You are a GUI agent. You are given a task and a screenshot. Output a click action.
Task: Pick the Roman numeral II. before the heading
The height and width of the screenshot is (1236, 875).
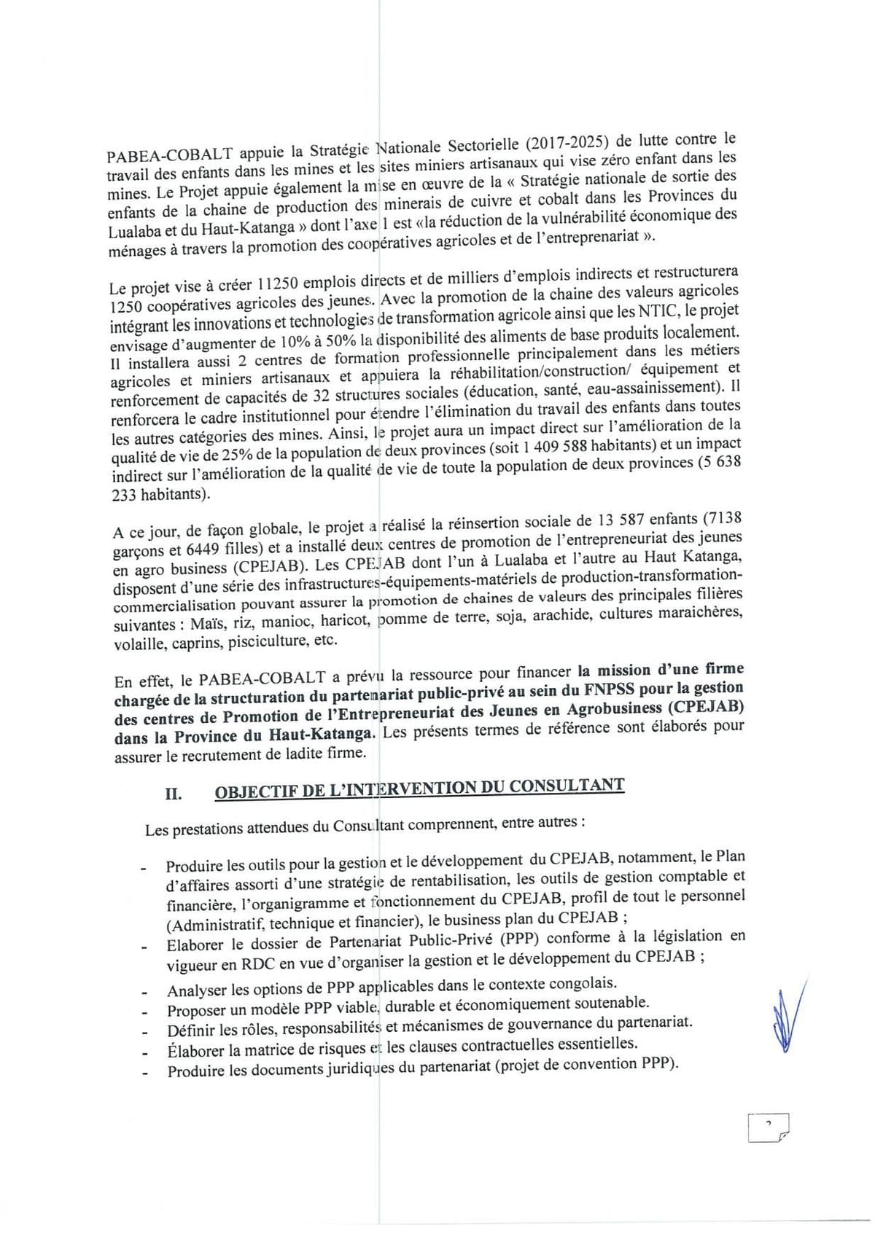(x=173, y=793)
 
